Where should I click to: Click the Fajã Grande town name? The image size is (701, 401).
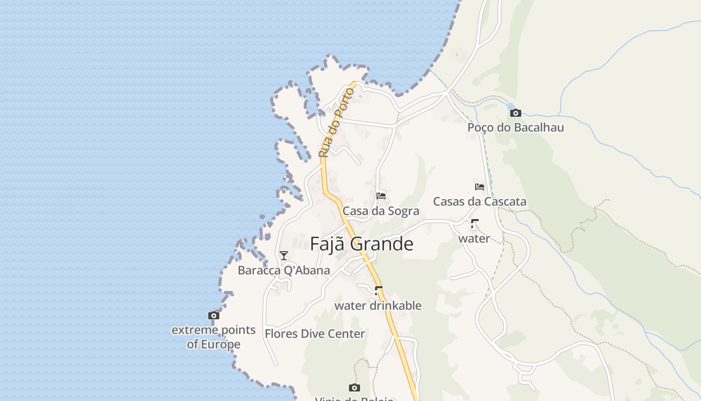click(362, 244)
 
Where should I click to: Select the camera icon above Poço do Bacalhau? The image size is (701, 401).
click(516, 113)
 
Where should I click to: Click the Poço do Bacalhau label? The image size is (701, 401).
click(515, 127)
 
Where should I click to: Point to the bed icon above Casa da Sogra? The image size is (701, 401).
click(381, 195)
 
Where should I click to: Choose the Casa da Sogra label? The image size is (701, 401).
click(381, 211)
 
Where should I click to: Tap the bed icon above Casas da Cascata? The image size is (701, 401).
click(480, 187)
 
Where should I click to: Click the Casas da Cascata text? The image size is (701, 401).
click(479, 202)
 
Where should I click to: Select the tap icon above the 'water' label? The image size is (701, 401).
click(474, 224)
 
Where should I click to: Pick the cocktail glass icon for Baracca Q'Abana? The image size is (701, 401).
click(284, 256)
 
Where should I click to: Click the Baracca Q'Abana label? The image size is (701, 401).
click(284, 271)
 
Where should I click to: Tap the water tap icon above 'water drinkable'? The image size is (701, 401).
click(379, 290)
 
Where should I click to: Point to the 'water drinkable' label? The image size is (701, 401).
click(378, 305)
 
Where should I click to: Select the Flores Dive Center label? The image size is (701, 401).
click(314, 334)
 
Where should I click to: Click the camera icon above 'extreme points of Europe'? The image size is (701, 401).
click(214, 315)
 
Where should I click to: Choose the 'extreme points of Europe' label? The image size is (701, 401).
click(214, 337)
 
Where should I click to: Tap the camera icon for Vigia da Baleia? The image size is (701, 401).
click(355, 387)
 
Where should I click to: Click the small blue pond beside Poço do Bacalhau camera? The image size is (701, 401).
click(509, 106)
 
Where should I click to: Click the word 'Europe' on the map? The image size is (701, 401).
click(220, 345)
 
